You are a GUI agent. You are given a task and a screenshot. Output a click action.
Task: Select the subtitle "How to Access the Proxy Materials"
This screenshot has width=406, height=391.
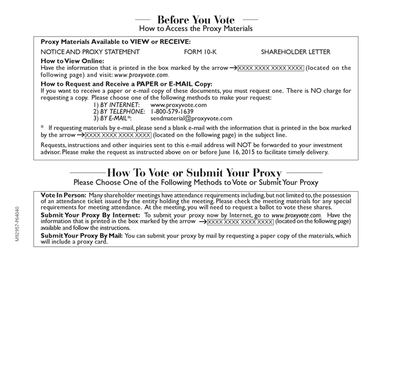pyautogui.click(x=196, y=29)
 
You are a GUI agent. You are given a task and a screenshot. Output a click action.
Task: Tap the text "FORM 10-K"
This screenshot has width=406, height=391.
pyautogui.click(x=200, y=52)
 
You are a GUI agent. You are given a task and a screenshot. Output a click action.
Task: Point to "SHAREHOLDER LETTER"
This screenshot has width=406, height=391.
pyautogui.click(x=296, y=52)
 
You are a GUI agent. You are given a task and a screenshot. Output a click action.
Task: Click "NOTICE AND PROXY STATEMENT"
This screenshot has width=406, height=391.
pyautogui.click(x=90, y=52)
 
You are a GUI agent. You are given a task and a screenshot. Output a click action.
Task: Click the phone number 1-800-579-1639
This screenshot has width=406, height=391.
pyautogui.click(x=172, y=112)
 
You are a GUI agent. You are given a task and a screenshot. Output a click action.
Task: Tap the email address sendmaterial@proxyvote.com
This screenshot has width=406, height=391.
pyautogui.click(x=191, y=119)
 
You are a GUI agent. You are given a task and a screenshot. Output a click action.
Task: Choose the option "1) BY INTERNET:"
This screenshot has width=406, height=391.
pyautogui.click(x=116, y=105)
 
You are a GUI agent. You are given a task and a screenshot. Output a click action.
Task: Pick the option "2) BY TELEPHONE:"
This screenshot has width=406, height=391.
pyautogui.click(x=118, y=112)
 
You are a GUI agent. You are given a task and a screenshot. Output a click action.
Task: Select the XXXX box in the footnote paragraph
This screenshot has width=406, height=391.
pyautogui.click(x=118, y=135)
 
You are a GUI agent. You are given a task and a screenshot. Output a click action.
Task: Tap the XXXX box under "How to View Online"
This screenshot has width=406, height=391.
pyautogui.click(x=270, y=68)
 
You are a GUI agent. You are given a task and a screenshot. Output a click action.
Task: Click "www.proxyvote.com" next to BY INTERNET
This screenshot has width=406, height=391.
pyautogui.click(x=178, y=105)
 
